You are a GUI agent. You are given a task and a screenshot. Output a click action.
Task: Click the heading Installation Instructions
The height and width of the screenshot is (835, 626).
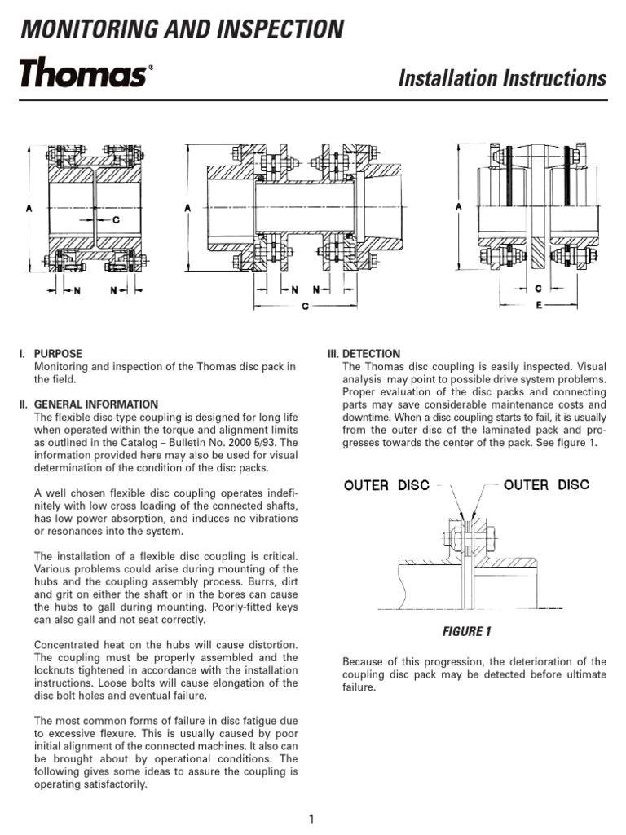tap(502, 78)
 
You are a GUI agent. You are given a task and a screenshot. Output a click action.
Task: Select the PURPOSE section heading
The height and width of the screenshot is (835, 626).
tap(58, 354)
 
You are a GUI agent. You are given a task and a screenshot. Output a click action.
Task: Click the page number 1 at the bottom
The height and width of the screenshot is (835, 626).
tap(312, 819)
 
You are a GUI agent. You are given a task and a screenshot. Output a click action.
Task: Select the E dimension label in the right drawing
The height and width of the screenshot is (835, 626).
tap(539, 305)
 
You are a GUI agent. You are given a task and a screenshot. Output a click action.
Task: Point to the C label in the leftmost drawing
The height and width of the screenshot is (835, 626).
tap(116, 219)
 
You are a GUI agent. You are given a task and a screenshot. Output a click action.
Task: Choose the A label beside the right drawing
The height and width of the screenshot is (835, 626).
tap(459, 207)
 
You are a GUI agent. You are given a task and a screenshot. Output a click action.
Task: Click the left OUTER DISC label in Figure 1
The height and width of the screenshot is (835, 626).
tap(389, 485)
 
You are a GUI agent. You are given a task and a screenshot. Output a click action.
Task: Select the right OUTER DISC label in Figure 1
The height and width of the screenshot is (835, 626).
tap(546, 485)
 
